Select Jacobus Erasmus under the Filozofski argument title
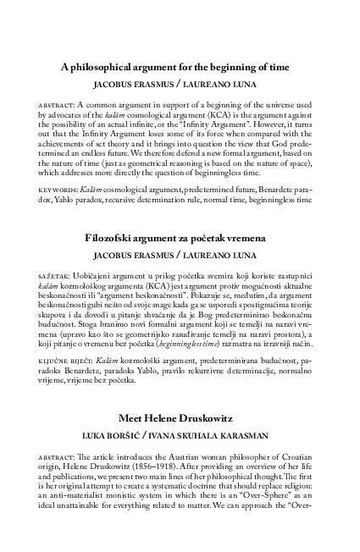pos(129,257)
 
